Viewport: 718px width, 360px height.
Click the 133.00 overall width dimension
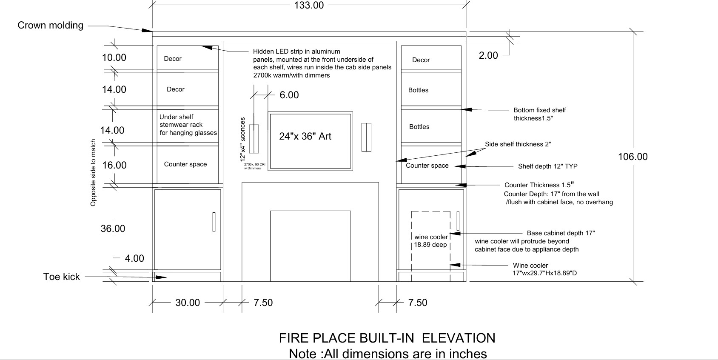tap(309, 5)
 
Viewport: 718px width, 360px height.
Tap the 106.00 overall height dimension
tap(633, 157)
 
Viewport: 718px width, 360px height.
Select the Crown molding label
tap(50, 26)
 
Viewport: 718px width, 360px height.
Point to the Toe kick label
tap(62, 277)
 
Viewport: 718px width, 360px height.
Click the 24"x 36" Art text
tap(305, 136)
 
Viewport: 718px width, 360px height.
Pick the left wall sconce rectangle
tap(254, 138)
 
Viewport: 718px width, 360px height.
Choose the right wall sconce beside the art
tap(366, 137)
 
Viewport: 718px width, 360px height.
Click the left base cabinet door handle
tap(214, 222)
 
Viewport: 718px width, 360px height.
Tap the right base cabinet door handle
tap(458, 221)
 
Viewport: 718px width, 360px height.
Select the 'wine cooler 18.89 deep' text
tap(431, 241)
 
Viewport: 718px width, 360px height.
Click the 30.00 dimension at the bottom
tap(188, 303)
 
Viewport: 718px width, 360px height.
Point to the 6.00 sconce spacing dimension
tap(289, 95)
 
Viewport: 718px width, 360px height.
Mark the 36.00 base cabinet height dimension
tap(113, 229)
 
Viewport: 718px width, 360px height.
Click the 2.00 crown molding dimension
tap(488, 55)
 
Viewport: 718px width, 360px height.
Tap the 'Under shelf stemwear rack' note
tap(188, 125)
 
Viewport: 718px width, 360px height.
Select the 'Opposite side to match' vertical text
tap(93, 172)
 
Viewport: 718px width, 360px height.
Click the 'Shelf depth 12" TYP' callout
tap(548, 166)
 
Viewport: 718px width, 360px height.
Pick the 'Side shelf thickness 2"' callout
tap(518, 144)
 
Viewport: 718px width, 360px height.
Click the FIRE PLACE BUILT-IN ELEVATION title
tap(387, 338)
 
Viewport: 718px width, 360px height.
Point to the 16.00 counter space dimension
tap(114, 165)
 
